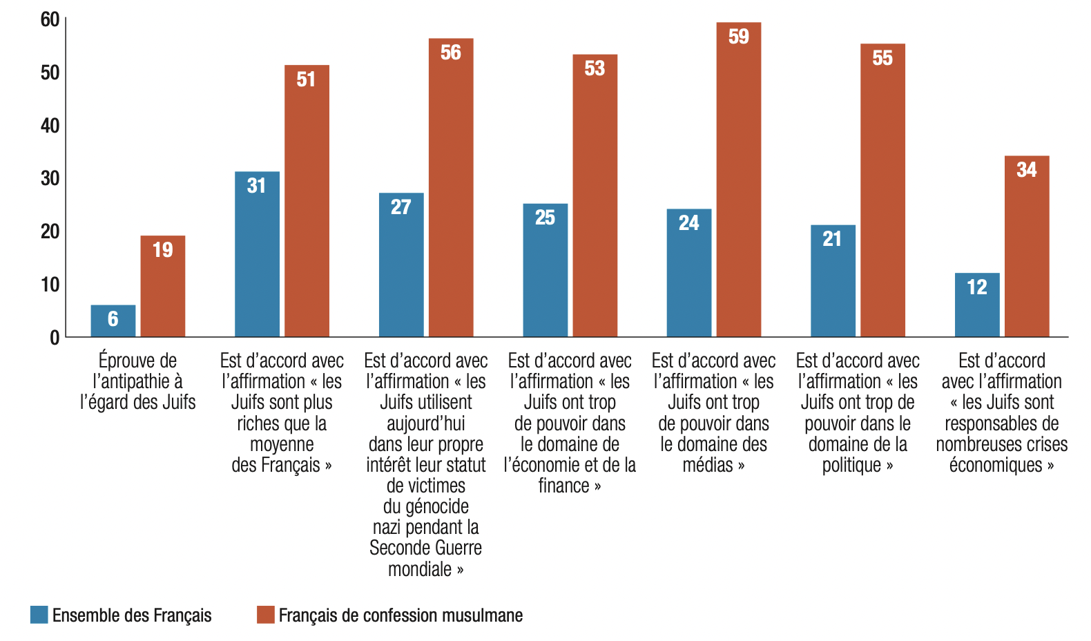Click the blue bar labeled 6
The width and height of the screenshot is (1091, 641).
coord(113,320)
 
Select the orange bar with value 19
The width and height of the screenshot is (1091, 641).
coord(163,286)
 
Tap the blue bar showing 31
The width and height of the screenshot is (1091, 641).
coord(257,253)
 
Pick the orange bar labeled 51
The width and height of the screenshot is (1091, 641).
coord(307,201)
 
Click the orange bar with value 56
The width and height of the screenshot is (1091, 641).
coord(451,187)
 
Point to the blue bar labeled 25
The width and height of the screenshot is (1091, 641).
coord(545,270)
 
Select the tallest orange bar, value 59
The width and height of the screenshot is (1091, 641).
coord(739,180)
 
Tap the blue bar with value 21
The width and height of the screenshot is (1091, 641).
coord(833,280)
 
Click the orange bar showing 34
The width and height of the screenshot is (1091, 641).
coord(1027,246)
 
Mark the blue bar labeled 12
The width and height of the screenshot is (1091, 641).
coord(978,305)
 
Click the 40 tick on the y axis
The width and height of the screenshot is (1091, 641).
coord(50,126)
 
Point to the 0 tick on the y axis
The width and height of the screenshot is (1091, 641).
coord(55,338)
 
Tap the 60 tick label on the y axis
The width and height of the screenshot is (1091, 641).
coord(50,19)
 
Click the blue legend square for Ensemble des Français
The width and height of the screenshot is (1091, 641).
coord(39,615)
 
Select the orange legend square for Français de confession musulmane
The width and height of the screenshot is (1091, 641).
coord(266,615)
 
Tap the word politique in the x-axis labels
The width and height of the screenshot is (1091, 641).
coord(851,465)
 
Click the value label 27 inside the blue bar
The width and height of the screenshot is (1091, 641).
coord(401,207)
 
